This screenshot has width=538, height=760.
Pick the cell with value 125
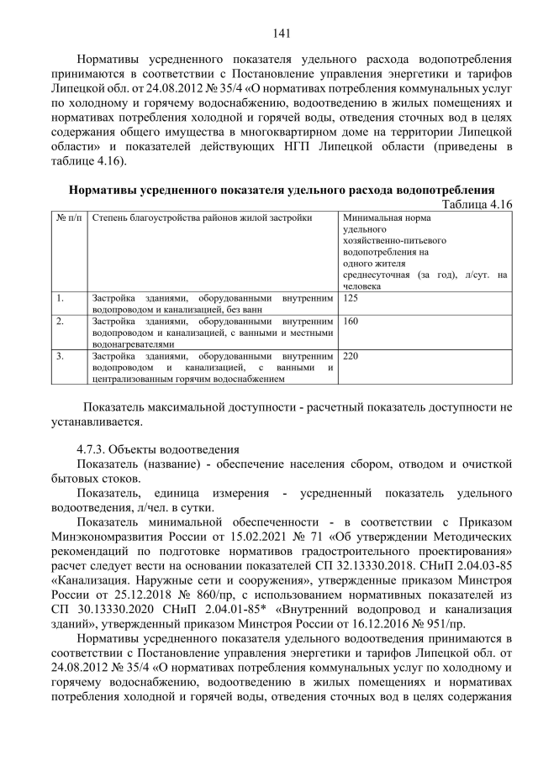click(351, 298)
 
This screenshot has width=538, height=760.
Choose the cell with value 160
click(351, 322)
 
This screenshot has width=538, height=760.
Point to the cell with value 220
click(351, 356)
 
